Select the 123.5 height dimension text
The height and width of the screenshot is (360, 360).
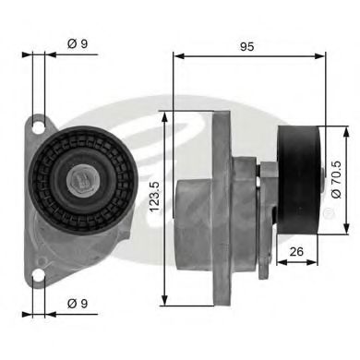click(154, 210)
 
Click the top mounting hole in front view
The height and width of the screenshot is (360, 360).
click(39, 123)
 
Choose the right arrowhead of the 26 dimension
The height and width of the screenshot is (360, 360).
click(317, 261)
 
